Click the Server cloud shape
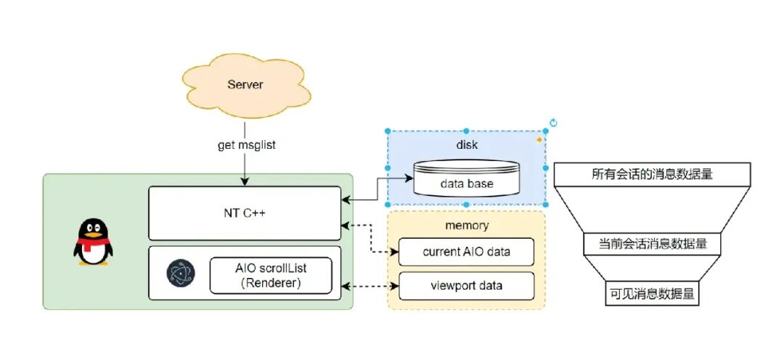coord(245,86)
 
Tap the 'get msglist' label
coord(247,145)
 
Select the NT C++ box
coord(245,213)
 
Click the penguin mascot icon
coord(93,241)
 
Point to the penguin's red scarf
coord(93,243)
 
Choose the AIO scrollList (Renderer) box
coord(271,276)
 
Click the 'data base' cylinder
coord(466,178)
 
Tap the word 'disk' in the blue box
coord(467,145)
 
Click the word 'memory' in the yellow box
coord(467,226)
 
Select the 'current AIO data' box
coord(466,252)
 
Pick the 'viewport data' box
coord(466,286)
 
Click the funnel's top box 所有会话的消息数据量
coord(652,174)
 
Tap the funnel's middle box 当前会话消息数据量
coord(653,244)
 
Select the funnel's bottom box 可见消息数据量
coord(652,294)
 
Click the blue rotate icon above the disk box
coord(553,123)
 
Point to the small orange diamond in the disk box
coord(539,140)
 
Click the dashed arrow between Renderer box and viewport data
coord(369,287)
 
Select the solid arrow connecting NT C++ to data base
coord(377,189)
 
